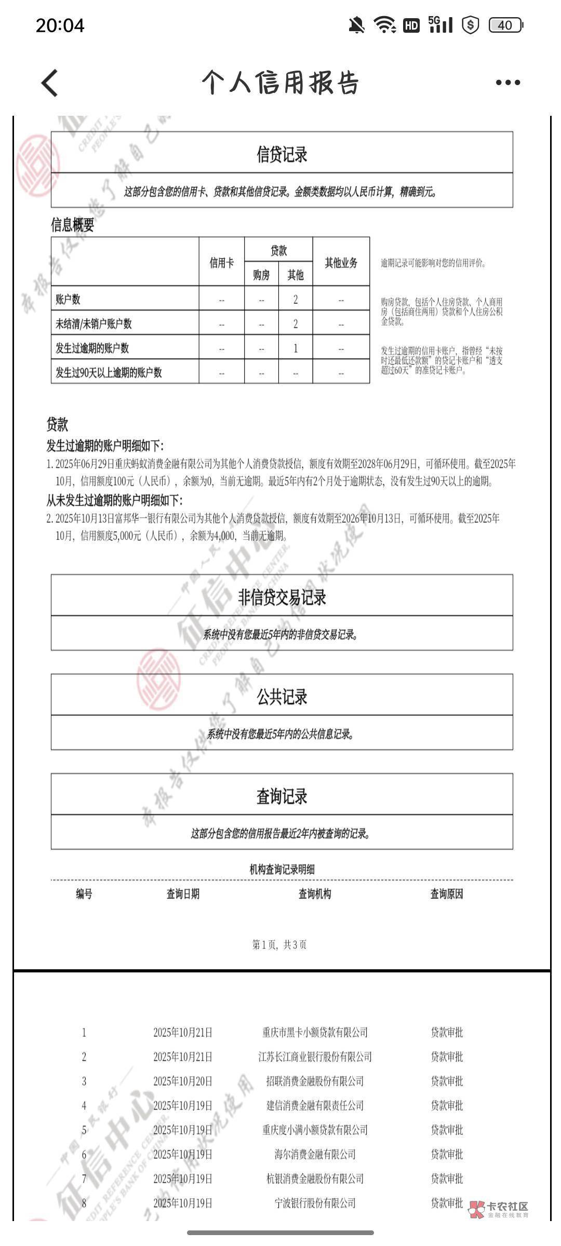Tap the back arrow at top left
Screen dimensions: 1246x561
pos(50,83)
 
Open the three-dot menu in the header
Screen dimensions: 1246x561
pos(507,83)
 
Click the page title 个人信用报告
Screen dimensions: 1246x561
pos(280,83)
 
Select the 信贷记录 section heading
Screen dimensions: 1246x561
pos(282,154)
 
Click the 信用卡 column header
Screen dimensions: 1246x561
pos(221,263)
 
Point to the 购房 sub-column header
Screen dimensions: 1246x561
pos(261,275)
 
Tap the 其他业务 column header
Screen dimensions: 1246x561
pos(341,263)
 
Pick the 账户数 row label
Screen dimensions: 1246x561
pos(68,299)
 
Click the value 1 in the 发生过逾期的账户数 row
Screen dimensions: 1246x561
pos(296,348)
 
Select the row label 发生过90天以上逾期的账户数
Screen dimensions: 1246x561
pos(109,372)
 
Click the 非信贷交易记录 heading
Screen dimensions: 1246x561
pos(282,597)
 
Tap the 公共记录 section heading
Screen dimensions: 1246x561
pos(282,696)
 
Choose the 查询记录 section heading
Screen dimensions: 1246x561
pos(282,796)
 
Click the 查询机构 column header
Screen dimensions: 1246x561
pos(315,893)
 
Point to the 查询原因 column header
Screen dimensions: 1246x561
pos(447,893)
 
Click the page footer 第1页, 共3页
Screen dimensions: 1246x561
pos(279,944)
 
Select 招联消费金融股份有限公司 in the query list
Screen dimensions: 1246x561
pos(315,1081)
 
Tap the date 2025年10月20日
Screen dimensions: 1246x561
pos(183,1081)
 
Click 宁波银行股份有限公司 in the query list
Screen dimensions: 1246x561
pos(315,1202)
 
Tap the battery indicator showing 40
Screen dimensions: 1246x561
pos(505,25)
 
